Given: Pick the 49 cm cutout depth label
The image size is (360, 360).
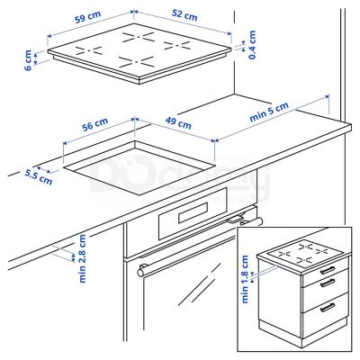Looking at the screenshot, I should [x=177, y=121].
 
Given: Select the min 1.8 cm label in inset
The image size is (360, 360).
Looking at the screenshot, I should [x=247, y=282].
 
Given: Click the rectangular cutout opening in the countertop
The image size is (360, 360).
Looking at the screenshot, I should [x=144, y=169].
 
